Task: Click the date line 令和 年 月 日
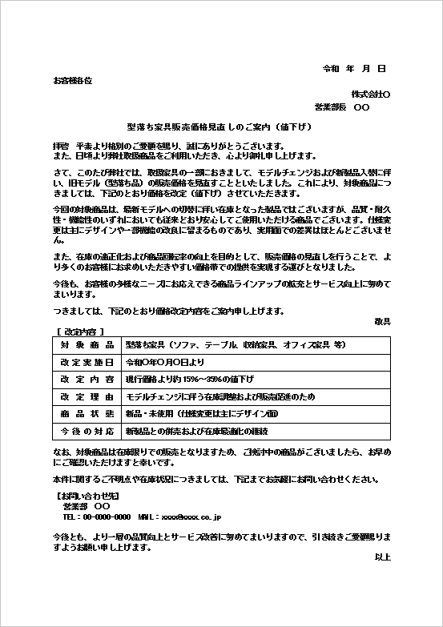(x=354, y=69)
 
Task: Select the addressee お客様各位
(x=72, y=81)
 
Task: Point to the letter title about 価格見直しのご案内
(x=219, y=127)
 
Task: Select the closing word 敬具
(x=382, y=321)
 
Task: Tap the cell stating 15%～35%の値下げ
(x=189, y=380)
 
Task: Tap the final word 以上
(x=382, y=556)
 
